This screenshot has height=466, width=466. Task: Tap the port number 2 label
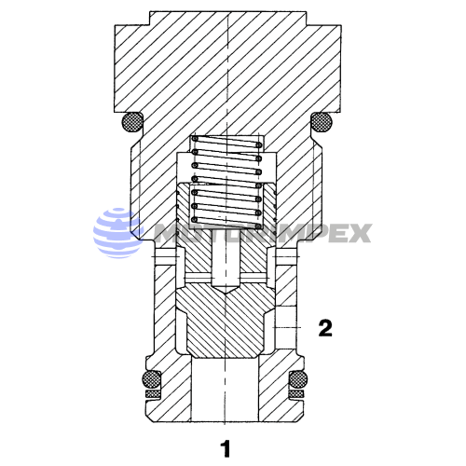click(324, 327)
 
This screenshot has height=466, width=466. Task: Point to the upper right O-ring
click(321, 121)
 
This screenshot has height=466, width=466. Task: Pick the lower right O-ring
click(299, 379)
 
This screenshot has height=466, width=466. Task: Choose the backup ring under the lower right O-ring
click(299, 394)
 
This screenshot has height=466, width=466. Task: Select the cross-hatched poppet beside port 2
click(224, 322)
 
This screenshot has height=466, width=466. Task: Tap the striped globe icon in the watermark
click(114, 232)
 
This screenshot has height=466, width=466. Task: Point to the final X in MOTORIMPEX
click(359, 233)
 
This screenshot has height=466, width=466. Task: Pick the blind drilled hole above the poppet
click(224, 266)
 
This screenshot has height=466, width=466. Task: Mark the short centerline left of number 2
click(291, 327)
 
